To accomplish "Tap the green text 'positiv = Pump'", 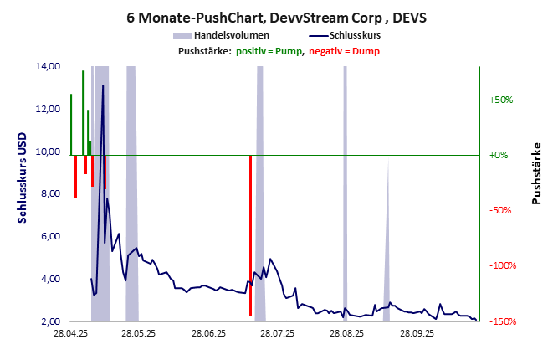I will [x=269, y=51].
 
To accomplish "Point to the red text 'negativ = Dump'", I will [x=343, y=51].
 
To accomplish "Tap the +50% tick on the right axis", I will [x=500, y=100].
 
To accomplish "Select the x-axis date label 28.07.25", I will [x=277, y=333].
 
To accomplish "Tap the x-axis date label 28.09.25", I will [x=416, y=333].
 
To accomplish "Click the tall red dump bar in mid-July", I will [x=250, y=234].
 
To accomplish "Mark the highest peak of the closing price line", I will [x=103, y=85].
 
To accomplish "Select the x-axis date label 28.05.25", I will [x=138, y=333].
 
